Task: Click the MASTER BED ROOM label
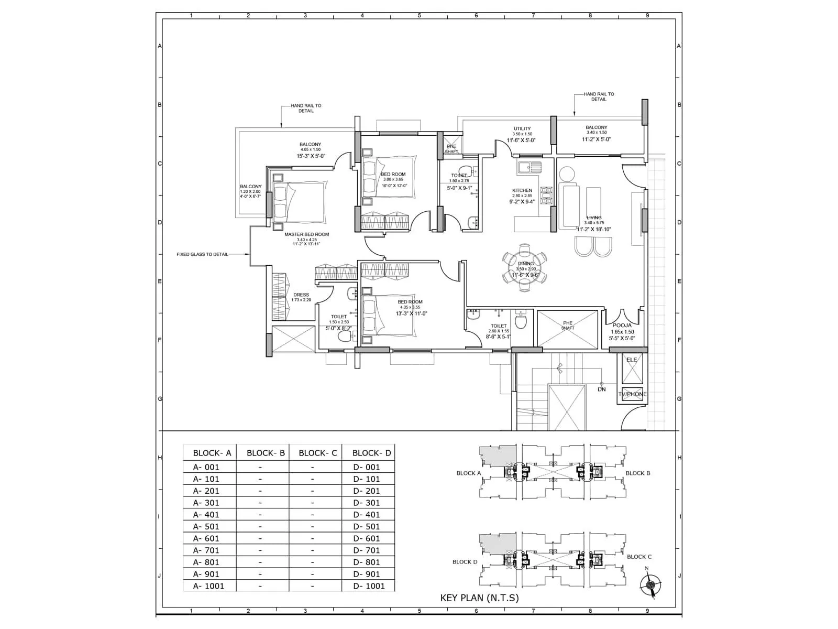tap(306, 234)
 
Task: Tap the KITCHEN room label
tap(522, 190)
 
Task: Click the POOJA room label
tap(622, 326)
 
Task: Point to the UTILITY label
tap(522, 128)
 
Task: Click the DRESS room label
tap(301, 295)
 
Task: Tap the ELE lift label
tap(632, 360)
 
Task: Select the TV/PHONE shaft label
tap(632, 394)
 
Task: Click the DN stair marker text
tap(602, 389)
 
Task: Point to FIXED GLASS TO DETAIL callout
tap(202, 254)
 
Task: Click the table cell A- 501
tap(206, 526)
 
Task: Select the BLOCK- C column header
tap(317, 453)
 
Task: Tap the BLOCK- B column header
tap(266, 453)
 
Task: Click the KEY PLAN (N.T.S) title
tap(479, 598)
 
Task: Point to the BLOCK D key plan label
tap(465, 562)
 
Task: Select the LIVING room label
tap(593, 218)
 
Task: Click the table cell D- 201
tap(366, 491)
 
